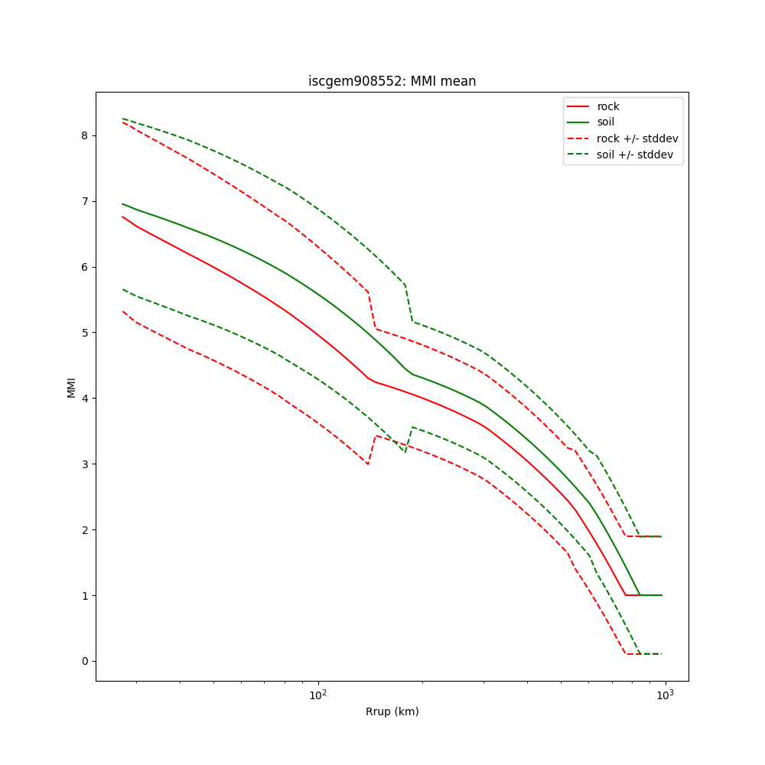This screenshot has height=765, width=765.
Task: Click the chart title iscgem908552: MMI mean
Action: click(x=392, y=81)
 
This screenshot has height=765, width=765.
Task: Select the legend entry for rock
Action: click(x=608, y=106)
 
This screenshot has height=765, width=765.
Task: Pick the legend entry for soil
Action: click(x=605, y=122)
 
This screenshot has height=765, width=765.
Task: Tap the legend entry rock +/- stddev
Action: click(x=637, y=138)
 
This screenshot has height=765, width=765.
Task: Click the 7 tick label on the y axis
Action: click(x=85, y=201)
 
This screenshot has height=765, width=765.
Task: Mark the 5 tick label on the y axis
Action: click(x=85, y=333)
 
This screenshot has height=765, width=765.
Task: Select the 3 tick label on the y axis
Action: click(x=85, y=464)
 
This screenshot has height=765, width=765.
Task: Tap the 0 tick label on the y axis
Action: click(x=85, y=661)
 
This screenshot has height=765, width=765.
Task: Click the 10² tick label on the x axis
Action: click(x=317, y=695)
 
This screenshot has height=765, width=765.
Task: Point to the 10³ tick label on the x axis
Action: click(x=666, y=695)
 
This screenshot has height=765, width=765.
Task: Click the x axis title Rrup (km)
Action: click(x=392, y=711)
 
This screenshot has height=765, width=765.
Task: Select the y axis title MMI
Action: click(x=71, y=387)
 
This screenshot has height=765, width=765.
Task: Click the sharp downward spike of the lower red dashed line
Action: click(x=368, y=464)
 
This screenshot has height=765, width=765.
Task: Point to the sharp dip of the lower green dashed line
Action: click(x=405, y=452)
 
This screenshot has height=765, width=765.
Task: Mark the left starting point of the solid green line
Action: click(x=122, y=203)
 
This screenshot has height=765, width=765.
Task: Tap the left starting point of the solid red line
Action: click(x=122, y=216)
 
